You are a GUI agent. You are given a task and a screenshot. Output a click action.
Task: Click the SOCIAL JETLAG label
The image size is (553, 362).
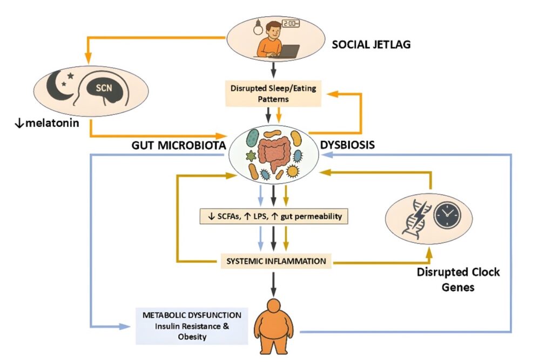pyautogui.click(x=372, y=45)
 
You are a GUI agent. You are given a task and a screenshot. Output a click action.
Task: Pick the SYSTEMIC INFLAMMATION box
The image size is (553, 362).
pyautogui.click(x=275, y=261)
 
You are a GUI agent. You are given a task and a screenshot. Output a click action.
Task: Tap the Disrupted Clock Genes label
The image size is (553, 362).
pyautogui.click(x=457, y=279)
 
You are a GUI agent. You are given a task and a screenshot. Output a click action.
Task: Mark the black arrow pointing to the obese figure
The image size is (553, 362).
pyautogui.click(x=275, y=283)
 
